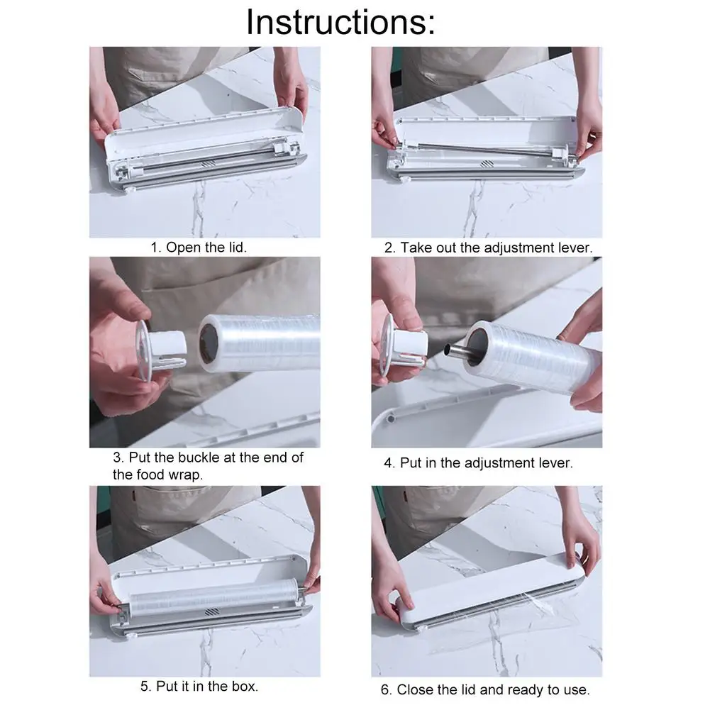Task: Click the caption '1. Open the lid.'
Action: tap(198, 248)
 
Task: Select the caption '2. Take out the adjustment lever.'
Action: tap(488, 248)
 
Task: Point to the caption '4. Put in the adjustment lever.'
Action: tap(478, 463)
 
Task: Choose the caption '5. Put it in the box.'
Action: tap(199, 686)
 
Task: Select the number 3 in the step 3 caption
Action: tap(117, 457)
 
